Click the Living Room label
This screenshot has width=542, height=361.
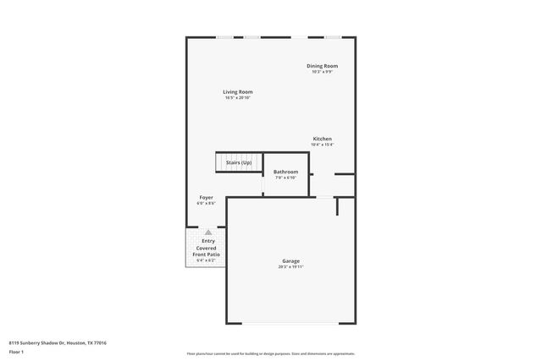pos(238,91)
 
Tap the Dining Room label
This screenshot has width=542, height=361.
pos(322,66)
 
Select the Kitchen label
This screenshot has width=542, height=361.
pos(322,139)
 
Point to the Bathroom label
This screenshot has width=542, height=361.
pos(285,172)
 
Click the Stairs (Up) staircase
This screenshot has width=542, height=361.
pos(238,162)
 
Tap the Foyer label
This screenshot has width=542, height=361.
pos(206,197)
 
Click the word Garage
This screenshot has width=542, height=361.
pos(290,260)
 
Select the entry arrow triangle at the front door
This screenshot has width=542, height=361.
pos(208,232)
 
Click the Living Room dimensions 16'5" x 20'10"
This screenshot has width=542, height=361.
pos(238,98)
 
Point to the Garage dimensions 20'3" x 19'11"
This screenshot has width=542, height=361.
pos(290,267)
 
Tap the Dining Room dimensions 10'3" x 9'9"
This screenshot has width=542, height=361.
pos(322,72)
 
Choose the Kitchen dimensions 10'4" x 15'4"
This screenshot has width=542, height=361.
pos(322,145)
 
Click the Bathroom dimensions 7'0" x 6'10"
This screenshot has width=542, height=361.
pos(285,178)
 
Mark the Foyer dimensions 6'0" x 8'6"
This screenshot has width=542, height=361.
pos(206,203)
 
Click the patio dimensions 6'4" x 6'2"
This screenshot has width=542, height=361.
pos(207,260)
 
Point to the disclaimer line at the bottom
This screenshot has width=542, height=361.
pos(270,353)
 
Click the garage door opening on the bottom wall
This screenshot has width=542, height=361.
pos(290,325)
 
